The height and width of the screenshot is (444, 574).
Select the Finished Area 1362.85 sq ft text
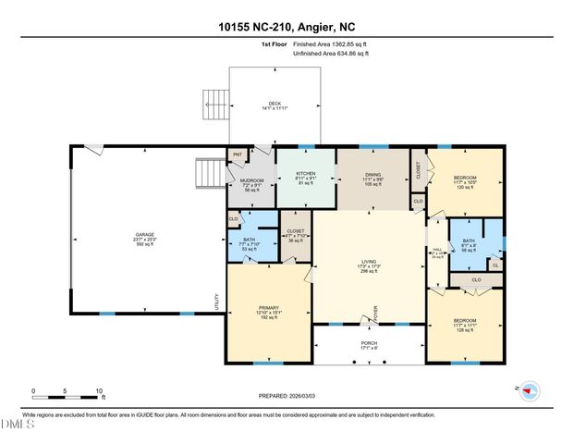[x=330, y=43]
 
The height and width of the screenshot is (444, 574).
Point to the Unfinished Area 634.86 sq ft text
[x=330, y=55]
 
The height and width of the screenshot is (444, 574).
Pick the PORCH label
[x=369, y=345]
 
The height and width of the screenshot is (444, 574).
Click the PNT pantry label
[x=238, y=154]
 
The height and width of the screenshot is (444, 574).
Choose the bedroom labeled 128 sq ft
[x=465, y=325]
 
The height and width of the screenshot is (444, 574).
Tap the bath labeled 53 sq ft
[x=248, y=243]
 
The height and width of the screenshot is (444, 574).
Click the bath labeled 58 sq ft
[x=470, y=245]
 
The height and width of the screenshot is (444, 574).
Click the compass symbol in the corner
[x=529, y=390]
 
